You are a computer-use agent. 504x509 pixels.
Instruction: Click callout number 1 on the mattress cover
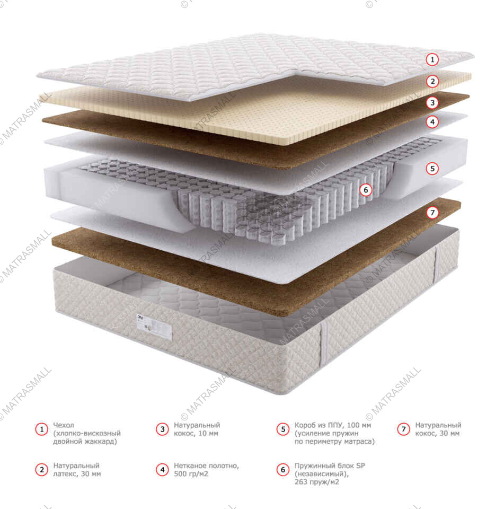(x=433, y=59)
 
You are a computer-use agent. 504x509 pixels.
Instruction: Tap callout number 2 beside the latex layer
(x=433, y=81)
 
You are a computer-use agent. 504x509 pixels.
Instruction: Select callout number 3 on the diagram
(x=433, y=103)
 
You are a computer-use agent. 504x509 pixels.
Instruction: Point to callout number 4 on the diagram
(x=433, y=122)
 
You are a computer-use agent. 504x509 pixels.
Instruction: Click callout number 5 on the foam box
(x=433, y=169)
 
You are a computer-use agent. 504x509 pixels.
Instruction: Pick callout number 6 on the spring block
(x=365, y=189)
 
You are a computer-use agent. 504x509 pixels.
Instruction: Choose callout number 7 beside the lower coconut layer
(x=433, y=213)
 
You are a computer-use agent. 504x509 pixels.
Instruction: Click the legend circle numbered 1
(x=41, y=429)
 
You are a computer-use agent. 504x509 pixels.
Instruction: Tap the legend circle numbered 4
(x=162, y=470)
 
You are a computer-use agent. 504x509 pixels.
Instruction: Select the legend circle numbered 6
(x=283, y=470)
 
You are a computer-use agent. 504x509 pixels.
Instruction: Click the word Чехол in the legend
(x=64, y=425)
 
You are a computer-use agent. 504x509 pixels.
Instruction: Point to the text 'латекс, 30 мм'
(x=77, y=474)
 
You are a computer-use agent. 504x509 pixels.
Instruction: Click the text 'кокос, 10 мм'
(x=196, y=434)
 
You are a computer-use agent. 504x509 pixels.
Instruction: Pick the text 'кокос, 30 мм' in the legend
(x=437, y=434)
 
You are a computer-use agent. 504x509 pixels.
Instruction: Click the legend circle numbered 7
(x=404, y=429)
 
